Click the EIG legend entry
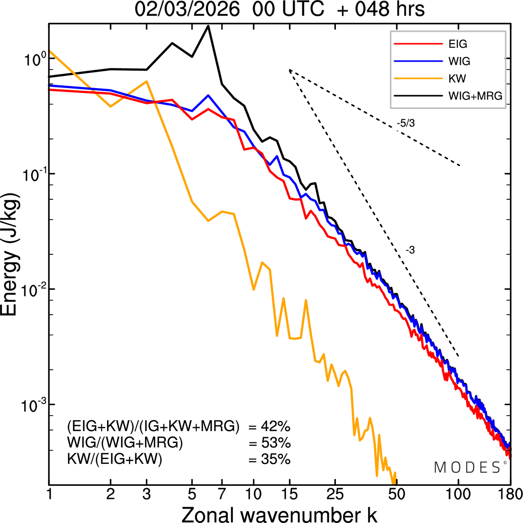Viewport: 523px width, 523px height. tap(458, 44)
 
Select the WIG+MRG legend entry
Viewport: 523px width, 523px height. tap(475, 96)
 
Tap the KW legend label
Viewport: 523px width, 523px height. tap(457, 78)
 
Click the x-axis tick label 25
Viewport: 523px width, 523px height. tap(335, 494)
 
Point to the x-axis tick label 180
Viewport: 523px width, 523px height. tap(510, 494)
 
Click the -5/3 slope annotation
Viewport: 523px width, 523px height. tap(405, 123)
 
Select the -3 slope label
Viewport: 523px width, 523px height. tap(410, 250)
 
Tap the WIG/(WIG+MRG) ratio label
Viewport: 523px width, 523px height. tap(125, 443)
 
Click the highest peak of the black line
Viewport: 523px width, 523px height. tap(208, 26)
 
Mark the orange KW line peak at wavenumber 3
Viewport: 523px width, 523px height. tap(147, 82)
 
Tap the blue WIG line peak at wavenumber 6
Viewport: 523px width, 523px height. tap(208, 96)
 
